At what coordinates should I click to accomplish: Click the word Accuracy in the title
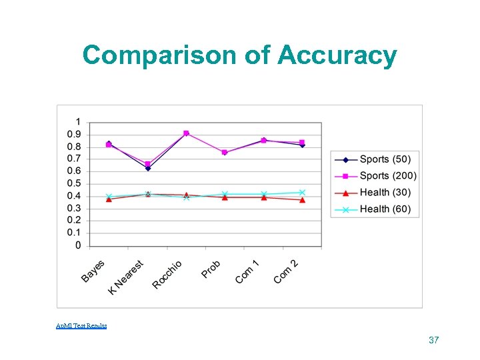pyautogui.click(x=337, y=56)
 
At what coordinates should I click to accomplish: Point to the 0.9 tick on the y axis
pyautogui.click(x=75, y=134)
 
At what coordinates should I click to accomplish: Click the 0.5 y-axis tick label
pyautogui.click(x=75, y=183)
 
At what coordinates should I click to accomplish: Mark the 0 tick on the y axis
pyautogui.click(x=78, y=245)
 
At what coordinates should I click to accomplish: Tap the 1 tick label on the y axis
pyautogui.click(x=78, y=122)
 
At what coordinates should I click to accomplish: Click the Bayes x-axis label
pyautogui.click(x=93, y=271)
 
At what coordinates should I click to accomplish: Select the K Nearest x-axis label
pyautogui.click(x=127, y=277)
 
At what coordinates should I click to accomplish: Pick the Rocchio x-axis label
pyautogui.click(x=167, y=274)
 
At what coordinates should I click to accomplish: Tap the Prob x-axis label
pyautogui.click(x=211, y=269)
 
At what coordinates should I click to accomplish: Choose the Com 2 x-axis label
pyautogui.click(x=285, y=271)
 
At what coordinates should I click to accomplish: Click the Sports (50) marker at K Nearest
pyautogui.click(x=148, y=168)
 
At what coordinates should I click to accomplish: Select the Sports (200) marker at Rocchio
pyautogui.click(x=186, y=133)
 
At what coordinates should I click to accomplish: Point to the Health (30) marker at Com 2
pyautogui.click(x=302, y=200)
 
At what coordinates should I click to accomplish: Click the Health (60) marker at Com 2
pyautogui.click(x=302, y=192)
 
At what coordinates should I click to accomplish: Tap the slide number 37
pyautogui.click(x=434, y=340)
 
